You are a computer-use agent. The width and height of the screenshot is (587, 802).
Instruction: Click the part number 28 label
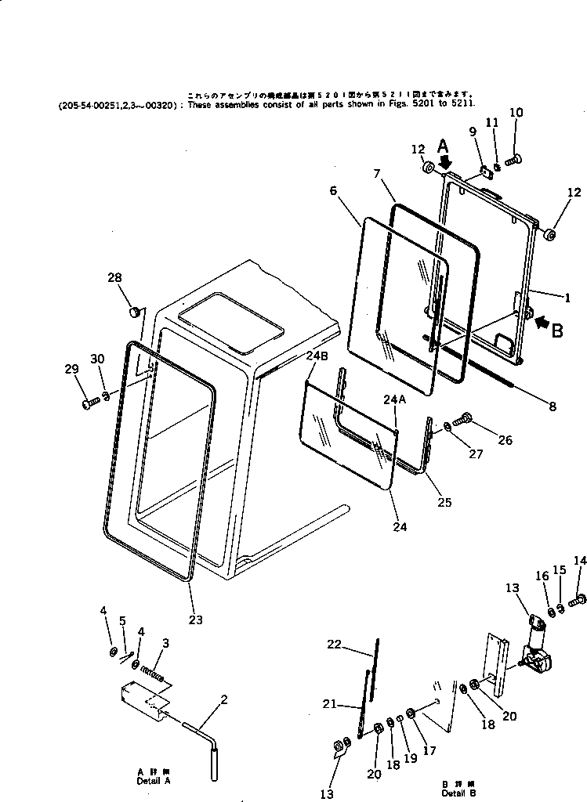(115, 279)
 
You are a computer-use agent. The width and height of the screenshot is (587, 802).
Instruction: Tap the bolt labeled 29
(88, 403)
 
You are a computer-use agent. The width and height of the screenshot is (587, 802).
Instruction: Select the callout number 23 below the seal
(195, 620)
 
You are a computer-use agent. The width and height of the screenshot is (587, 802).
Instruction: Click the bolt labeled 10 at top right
(513, 160)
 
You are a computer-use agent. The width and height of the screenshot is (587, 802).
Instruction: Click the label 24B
(317, 357)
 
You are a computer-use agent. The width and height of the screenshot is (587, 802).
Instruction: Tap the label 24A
(394, 401)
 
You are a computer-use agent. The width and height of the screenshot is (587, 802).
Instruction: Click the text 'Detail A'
(153, 781)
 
